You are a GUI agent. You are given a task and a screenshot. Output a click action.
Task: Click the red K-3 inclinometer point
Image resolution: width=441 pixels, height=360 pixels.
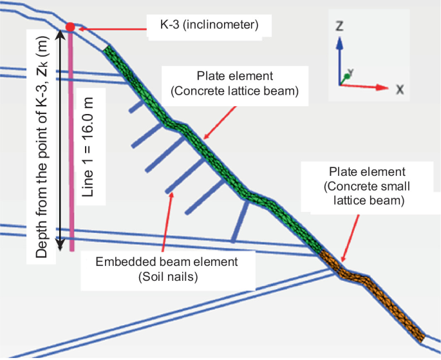click(70, 26)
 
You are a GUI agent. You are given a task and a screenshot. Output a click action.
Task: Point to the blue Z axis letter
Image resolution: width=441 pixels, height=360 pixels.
click(339, 27)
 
